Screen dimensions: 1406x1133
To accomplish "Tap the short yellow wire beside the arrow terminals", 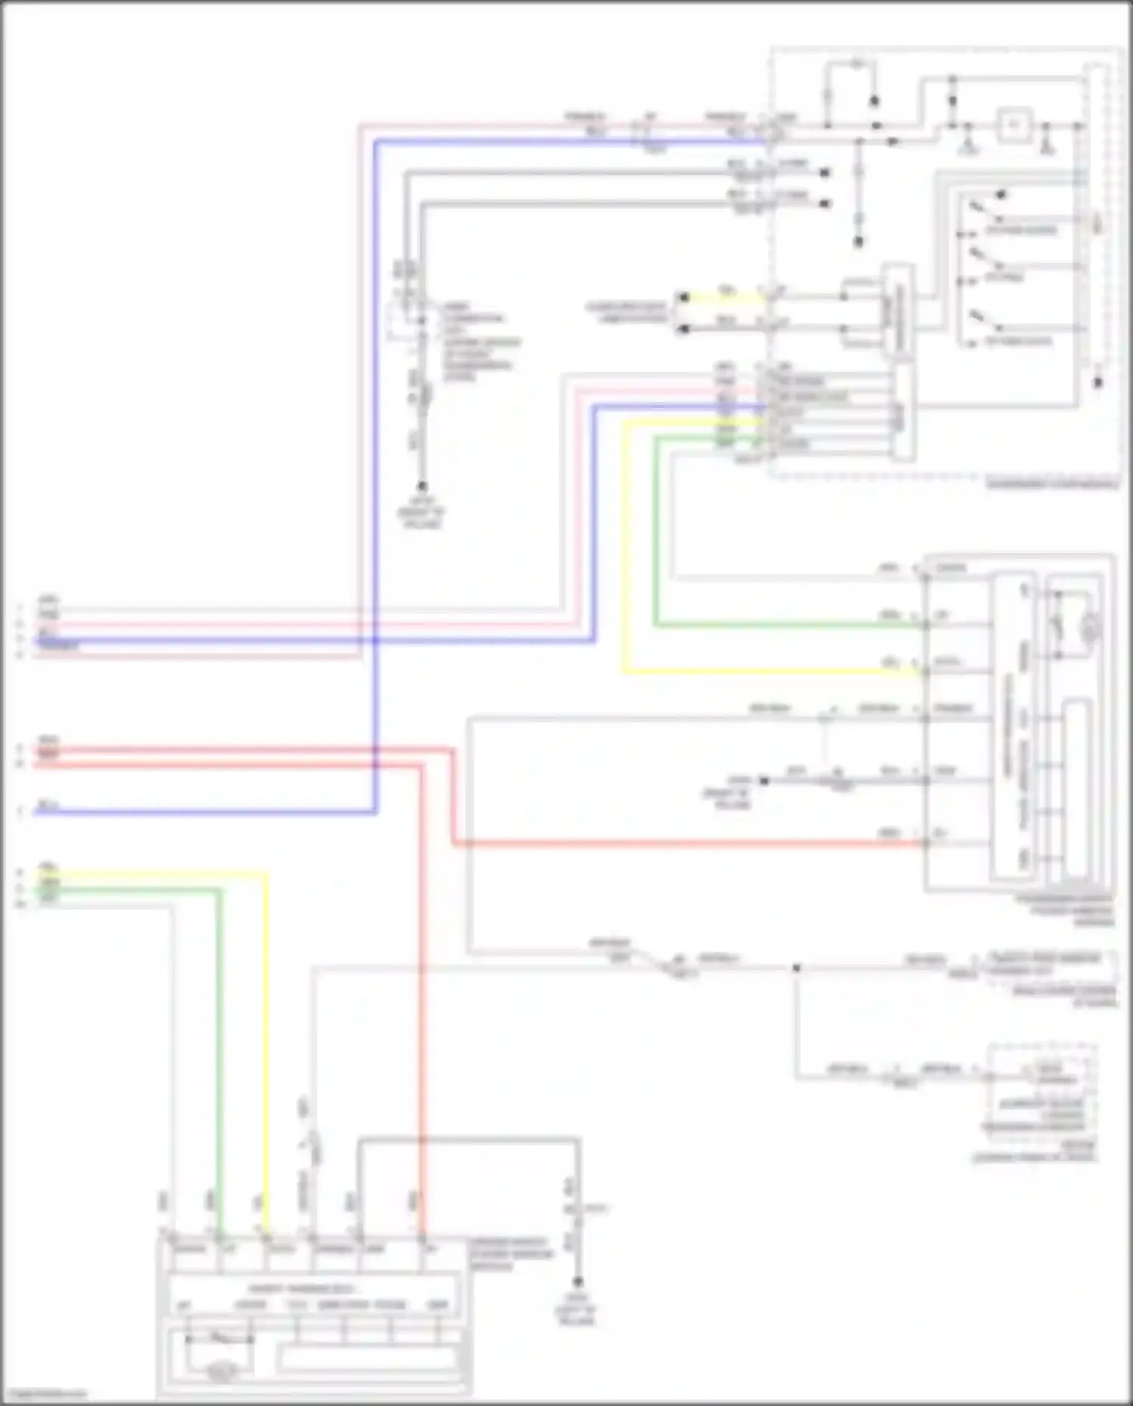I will [725, 298].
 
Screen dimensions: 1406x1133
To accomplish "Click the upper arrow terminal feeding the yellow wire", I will [682, 298].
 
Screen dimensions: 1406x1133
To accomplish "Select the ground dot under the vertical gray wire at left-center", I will [422, 487].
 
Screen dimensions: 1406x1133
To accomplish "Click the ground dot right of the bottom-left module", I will [578, 1282].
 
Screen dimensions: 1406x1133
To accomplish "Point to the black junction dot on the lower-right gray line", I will [796, 968].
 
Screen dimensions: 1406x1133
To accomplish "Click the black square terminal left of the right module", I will [764, 780].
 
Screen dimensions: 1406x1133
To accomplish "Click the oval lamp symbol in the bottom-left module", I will [221, 1370].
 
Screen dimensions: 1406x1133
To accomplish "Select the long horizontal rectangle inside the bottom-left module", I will [369, 1359].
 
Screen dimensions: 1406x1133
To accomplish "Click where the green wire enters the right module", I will [925, 625].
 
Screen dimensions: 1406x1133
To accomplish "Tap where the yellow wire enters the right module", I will [925, 671].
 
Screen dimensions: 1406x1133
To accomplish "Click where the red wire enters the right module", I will [925, 843].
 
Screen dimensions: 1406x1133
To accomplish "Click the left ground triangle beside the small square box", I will [969, 146].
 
